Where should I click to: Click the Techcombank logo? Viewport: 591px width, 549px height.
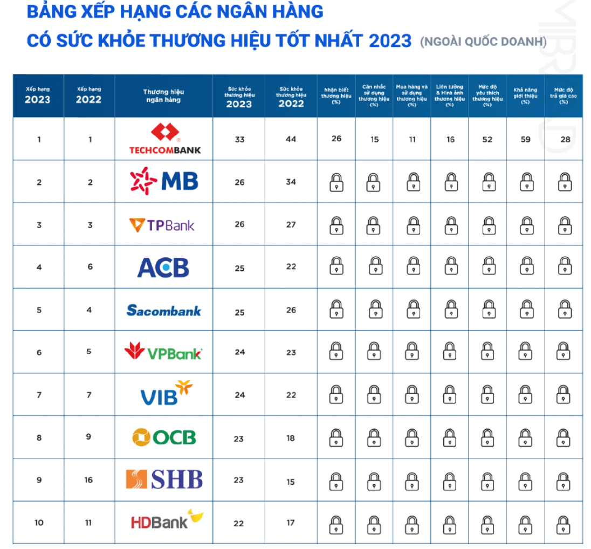[x=164, y=139]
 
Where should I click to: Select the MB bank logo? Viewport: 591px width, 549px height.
[x=164, y=181]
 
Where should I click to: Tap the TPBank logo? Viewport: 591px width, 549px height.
[x=162, y=224]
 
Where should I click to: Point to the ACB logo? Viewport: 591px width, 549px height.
[x=163, y=267]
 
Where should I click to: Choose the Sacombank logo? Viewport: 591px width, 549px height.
[x=164, y=310]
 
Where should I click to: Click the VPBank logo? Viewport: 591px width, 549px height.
[x=163, y=352]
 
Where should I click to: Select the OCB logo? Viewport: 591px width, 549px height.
[x=164, y=437]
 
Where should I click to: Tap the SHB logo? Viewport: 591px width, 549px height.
[x=164, y=479]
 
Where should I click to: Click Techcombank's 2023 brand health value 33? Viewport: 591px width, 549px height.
[x=239, y=140]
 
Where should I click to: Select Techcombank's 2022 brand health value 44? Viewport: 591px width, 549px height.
[x=291, y=139]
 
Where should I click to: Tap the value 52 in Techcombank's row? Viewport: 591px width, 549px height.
[x=487, y=139]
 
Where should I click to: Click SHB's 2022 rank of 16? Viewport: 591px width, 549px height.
[x=88, y=480]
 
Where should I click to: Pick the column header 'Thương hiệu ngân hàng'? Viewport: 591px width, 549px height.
[x=163, y=96]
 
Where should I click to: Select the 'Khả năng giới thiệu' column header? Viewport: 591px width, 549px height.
[x=525, y=96]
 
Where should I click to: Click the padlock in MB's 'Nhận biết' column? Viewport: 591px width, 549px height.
[x=336, y=182]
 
